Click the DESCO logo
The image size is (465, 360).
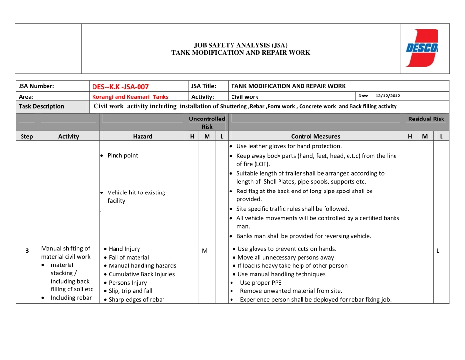[421, 48]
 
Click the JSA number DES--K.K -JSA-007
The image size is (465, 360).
[120, 87]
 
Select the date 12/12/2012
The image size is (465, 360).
[388, 96]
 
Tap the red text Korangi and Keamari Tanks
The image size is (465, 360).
[130, 97]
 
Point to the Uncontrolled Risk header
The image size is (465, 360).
[207, 122]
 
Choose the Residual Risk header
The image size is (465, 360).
[426, 119]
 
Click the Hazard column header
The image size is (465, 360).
[142, 137]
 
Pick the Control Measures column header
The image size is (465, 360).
[315, 137]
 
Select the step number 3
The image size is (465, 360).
[27, 251]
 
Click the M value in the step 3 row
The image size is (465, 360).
[205, 251]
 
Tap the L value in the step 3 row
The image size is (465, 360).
[438, 251]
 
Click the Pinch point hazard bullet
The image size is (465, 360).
[123, 156]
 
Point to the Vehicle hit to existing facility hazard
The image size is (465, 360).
[136, 196]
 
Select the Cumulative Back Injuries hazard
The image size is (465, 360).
[141, 274]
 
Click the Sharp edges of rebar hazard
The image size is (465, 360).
[136, 300]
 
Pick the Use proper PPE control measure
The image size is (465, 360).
[260, 283]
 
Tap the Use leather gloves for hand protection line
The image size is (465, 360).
[289, 146]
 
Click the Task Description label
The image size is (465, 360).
[41, 106]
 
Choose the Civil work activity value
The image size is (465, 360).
[245, 97]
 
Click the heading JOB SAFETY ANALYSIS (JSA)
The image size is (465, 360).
[241, 45]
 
